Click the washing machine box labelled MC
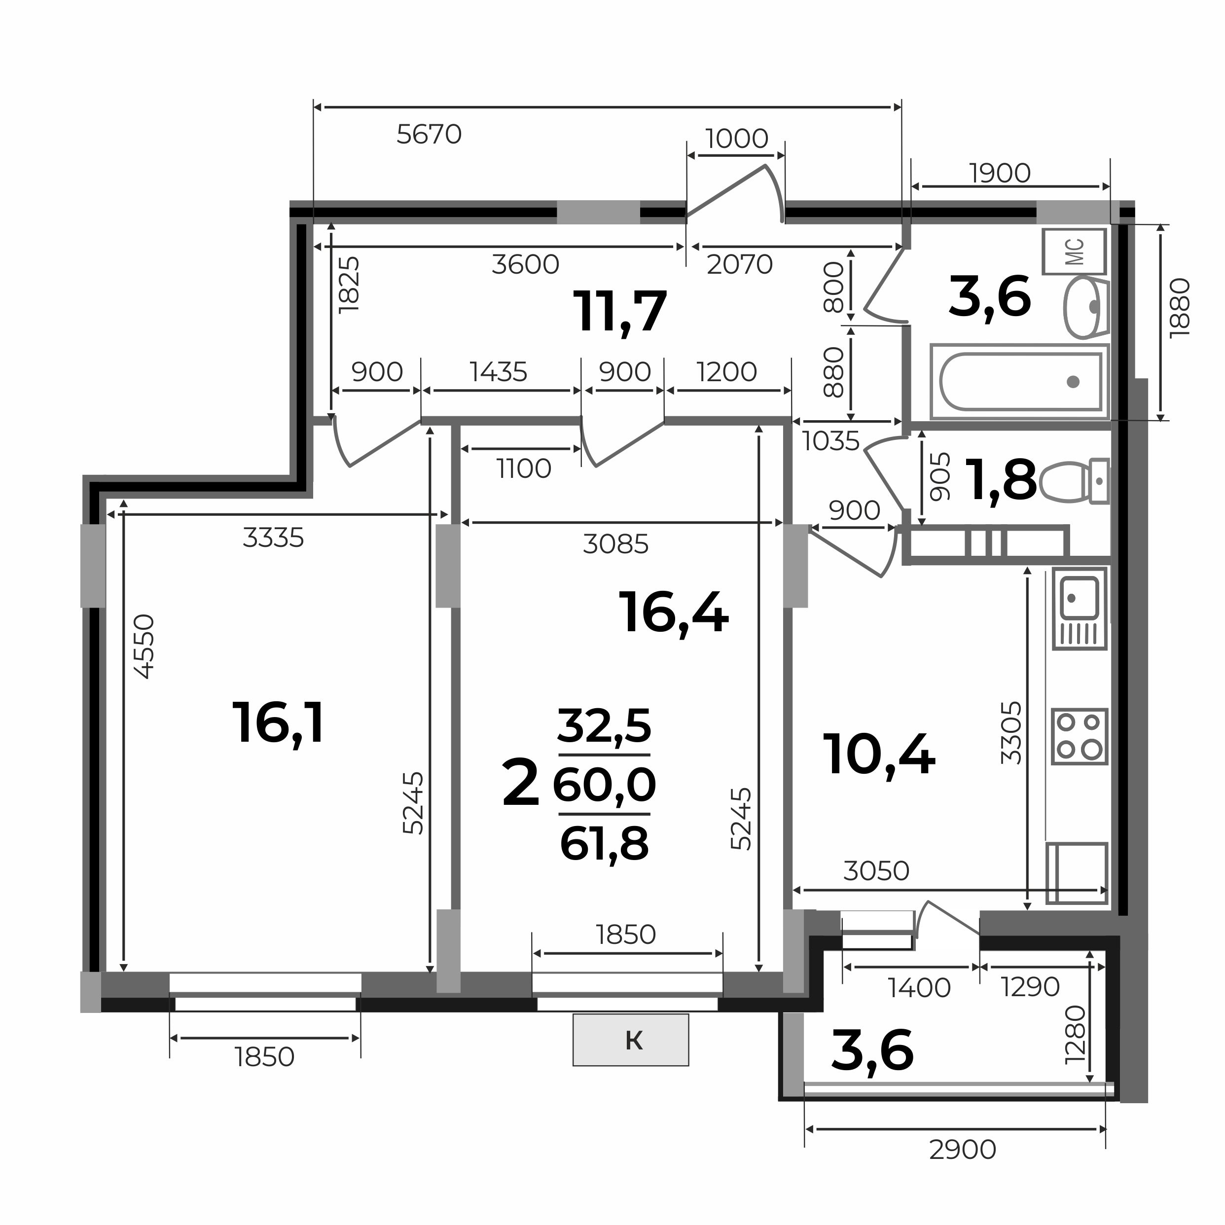coord(1074,252)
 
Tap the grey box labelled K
coord(630,1041)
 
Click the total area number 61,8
coord(604,844)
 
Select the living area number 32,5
coord(604,726)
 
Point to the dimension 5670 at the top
coord(429,135)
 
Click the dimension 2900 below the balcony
coord(963,1150)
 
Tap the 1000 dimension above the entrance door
coord(737,138)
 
